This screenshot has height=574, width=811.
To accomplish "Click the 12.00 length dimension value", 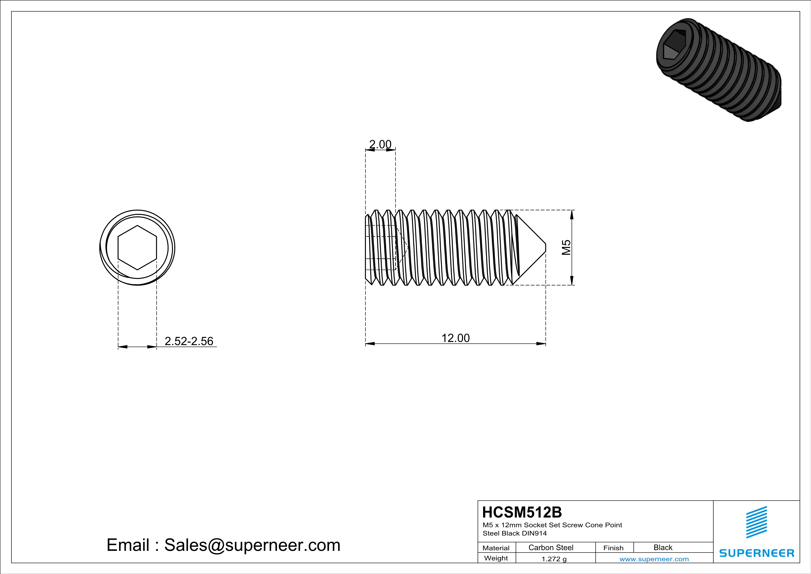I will point(455,338).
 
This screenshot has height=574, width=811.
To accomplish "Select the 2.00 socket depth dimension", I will point(380,144).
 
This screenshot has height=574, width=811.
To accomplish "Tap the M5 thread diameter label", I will point(566,247).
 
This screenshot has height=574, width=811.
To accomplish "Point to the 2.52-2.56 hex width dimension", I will point(189,341).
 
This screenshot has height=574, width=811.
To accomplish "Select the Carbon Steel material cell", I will point(551,547).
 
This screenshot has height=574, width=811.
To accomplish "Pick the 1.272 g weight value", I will point(554,559).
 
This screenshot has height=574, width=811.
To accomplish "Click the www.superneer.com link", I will point(654,559).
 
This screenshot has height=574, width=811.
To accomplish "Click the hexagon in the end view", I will point(137,247).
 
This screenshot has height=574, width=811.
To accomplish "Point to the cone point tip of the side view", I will point(545,247).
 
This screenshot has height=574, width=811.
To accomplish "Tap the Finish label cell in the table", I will point(613,548).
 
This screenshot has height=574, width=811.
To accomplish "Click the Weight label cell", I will point(496,558).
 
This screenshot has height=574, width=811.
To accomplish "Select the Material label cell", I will point(496,548).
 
